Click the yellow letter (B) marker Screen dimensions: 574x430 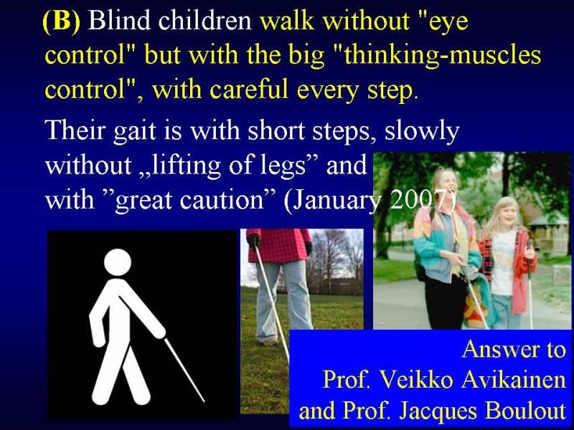61,21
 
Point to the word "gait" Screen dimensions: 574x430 134,130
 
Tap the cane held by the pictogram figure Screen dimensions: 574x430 184,370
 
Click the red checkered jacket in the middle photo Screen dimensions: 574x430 279,245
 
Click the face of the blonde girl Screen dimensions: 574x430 508,213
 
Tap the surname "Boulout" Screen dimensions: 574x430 526,410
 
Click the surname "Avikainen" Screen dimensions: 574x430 513,379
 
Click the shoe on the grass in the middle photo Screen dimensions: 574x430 270,342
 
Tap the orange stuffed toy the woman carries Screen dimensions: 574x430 474,308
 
